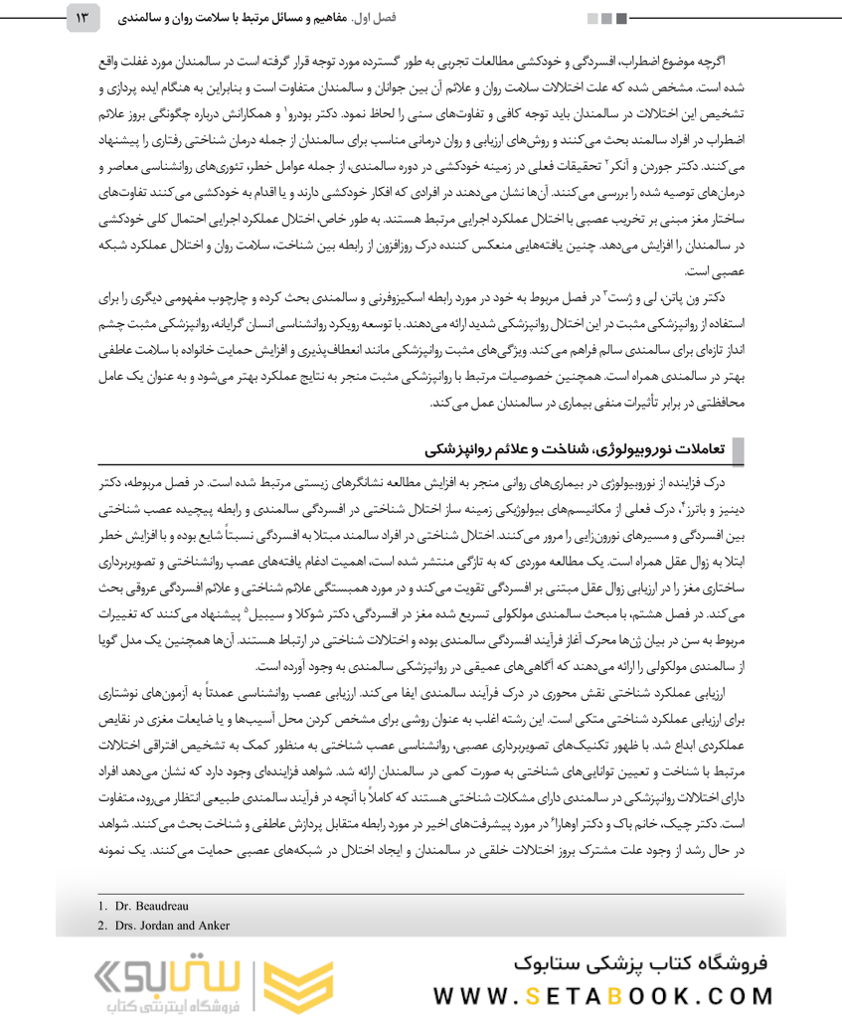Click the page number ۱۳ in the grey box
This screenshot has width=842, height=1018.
point(83,18)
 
